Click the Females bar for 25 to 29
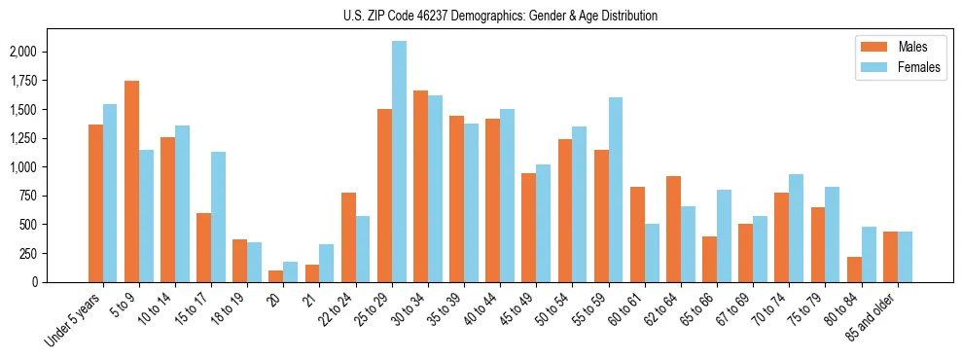click(399, 162)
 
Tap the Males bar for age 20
click(276, 276)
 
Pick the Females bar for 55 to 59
click(616, 190)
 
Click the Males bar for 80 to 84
click(854, 270)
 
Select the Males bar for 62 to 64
click(673, 229)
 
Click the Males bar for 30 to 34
click(420, 186)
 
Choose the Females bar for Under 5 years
click(110, 193)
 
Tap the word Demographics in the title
click(515, 16)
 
